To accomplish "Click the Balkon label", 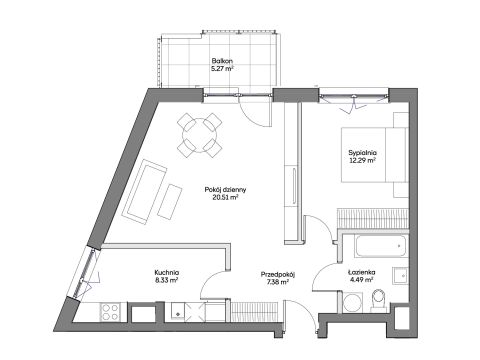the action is pyautogui.click(x=222, y=61).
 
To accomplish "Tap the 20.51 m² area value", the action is pyautogui.click(x=225, y=197).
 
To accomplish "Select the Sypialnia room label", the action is pyautogui.click(x=362, y=153).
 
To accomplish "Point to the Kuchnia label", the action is pyautogui.click(x=167, y=272).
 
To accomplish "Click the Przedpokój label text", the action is pyautogui.click(x=278, y=275).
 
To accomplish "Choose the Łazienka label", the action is pyautogui.click(x=361, y=272).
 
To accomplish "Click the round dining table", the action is pyautogui.click(x=200, y=135).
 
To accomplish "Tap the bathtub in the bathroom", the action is pyautogui.click(x=381, y=246).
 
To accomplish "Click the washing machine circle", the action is pyautogui.click(x=353, y=302).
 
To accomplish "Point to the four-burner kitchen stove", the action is pyautogui.click(x=110, y=312).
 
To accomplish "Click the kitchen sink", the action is pyautogui.click(x=177, y=311).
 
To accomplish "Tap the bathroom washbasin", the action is pyautogui.click(x=400, y=276).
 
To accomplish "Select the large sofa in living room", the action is pyautogui.click(x=144, y=192).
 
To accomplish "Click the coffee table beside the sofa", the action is pyautogui.click(x=170, y=202).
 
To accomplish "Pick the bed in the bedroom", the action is pyautogui.click(x=374, y=155).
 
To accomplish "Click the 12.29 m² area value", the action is pyautogui.click(x=363, y=160).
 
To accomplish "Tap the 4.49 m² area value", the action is pyautogui.click(x=361, y=280).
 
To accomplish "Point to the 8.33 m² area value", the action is pyautogui.click(x=167, y=280).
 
